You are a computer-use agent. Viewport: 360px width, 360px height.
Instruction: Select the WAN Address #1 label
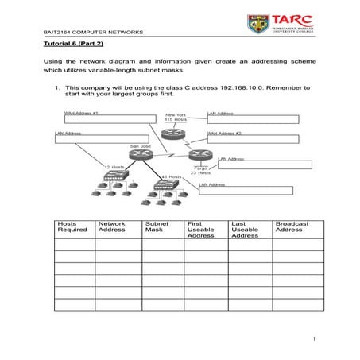81,113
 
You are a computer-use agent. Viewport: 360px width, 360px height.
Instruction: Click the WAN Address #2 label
224,133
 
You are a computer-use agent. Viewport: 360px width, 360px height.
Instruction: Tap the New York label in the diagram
175,114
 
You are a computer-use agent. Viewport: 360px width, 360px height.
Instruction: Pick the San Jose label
140,146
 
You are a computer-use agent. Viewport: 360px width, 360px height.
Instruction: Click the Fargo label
200,168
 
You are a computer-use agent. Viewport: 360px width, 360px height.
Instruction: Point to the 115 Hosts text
175,120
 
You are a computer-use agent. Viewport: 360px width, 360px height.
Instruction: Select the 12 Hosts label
114,166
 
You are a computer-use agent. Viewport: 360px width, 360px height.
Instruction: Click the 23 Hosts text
200,172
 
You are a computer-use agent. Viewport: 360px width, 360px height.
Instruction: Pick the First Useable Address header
201,229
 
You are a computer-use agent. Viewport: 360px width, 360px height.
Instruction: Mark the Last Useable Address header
245,229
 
